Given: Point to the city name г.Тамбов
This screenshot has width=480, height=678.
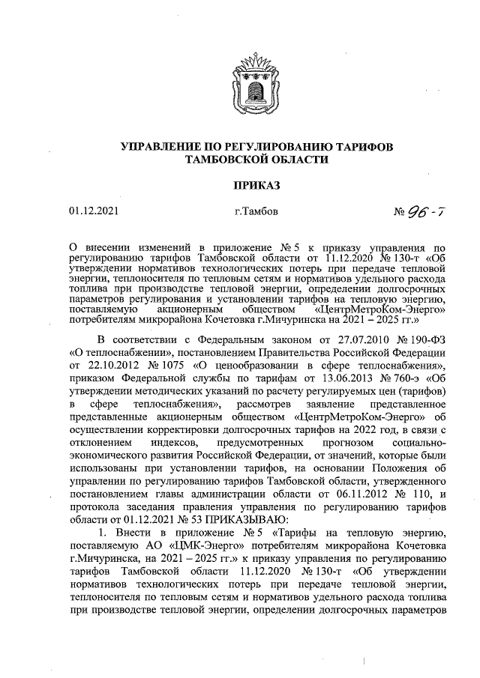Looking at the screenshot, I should click(256, 211).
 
